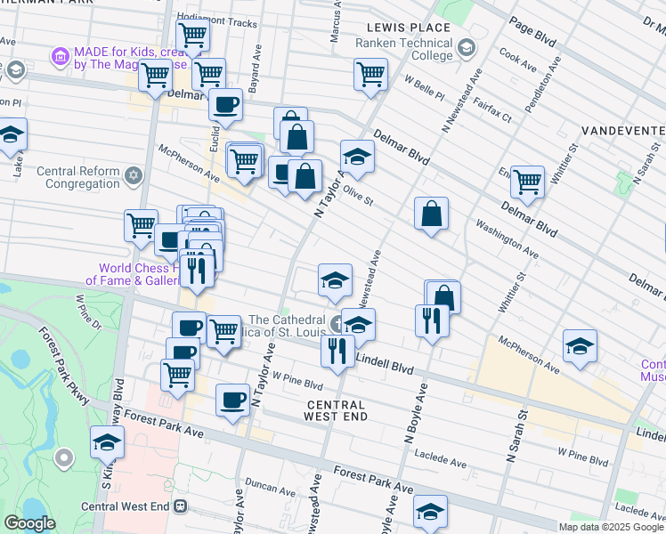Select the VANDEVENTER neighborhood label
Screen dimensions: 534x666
623,131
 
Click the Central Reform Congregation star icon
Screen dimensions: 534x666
134,174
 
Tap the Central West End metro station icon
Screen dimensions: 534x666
181,506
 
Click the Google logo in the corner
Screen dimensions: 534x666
30,523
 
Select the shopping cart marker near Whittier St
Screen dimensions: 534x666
527,181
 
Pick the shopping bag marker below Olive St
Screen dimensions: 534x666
431,214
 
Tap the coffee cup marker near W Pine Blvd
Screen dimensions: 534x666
232,399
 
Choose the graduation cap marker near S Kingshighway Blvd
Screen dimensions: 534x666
106,441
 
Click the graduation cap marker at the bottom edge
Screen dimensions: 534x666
429,511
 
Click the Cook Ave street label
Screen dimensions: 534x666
518,65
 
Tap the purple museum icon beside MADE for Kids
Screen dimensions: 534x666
61,58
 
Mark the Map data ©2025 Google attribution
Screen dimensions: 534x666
611,527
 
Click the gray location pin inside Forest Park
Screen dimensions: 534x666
63,458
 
